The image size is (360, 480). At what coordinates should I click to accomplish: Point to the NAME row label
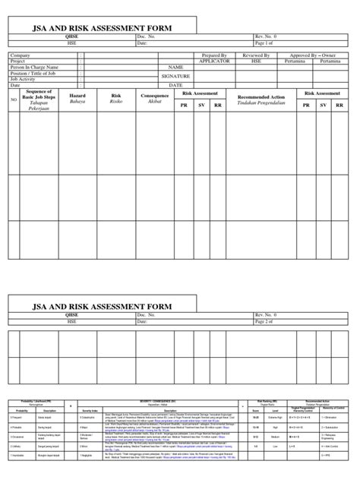178,68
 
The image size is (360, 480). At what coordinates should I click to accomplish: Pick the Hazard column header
77,97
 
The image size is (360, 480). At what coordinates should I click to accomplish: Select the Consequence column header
154,97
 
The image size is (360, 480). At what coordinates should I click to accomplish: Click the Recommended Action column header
262,98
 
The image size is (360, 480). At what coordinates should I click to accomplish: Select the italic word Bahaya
77,103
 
